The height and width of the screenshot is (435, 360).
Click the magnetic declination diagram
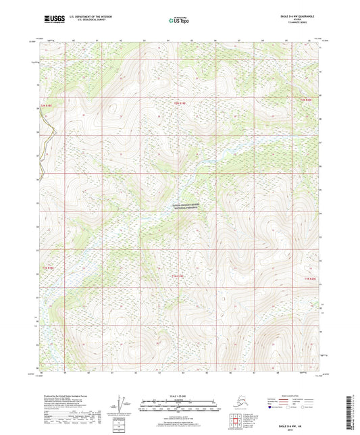pyautogui.click(x=123, y=404)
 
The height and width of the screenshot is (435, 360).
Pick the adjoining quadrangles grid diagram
pyautogui.click(x=234, y=422)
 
